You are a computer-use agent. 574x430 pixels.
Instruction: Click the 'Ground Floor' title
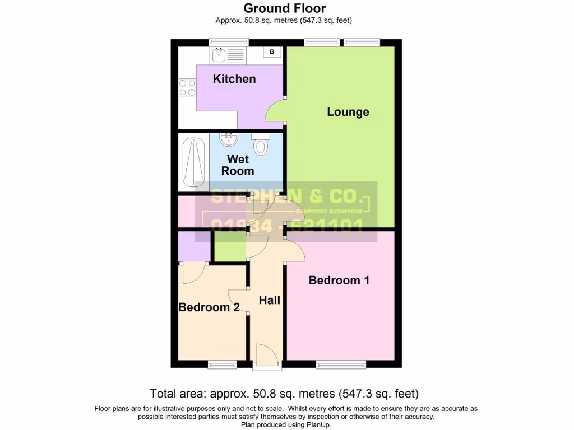coord(284,8)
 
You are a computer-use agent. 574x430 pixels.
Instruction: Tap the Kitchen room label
coord(234,79)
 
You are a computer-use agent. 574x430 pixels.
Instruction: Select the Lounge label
coord(348,112)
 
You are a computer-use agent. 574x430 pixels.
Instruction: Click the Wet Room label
coord(238,165)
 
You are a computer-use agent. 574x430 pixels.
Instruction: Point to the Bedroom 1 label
coord(339,280)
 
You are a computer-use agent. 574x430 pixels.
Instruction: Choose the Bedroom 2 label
coord(209,307)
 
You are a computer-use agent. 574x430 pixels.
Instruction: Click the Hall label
coord(269,301)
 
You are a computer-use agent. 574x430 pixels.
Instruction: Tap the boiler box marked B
coord(272,52)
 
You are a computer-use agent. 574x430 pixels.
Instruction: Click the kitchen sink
coord(219,55)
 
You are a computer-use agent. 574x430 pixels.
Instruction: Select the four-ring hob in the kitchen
coord(187,88)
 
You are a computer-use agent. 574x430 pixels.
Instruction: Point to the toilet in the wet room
coord(261,146)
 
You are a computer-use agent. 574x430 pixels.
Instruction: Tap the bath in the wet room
coord(193,162)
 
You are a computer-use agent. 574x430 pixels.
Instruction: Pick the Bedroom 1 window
coord(341,365)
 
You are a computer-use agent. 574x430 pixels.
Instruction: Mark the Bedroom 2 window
coord(222,365)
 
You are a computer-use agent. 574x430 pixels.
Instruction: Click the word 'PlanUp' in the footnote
coord(318,425)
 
